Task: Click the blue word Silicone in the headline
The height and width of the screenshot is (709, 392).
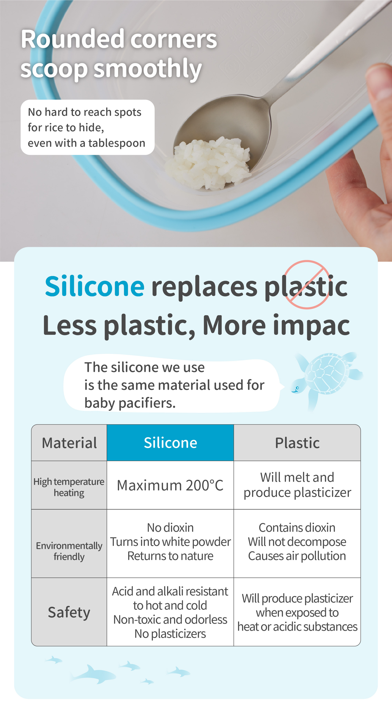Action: click(94, 286)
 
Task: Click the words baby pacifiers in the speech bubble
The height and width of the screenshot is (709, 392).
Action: click(130, 403)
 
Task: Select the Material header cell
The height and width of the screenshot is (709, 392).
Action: click(69, 443)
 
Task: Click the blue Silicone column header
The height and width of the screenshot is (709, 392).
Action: click(170, 443)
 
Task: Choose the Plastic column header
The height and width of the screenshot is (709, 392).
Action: click(297, 443)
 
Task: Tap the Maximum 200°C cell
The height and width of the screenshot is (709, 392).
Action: click(170, 485)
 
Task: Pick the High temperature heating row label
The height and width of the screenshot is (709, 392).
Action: click(69, 487)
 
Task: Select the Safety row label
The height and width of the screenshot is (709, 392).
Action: click(69, 612)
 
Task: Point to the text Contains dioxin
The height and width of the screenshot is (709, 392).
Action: click(297, 528)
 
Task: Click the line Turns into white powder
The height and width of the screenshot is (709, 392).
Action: click(170, 542)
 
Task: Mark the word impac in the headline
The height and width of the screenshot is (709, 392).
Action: click(311, 326)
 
